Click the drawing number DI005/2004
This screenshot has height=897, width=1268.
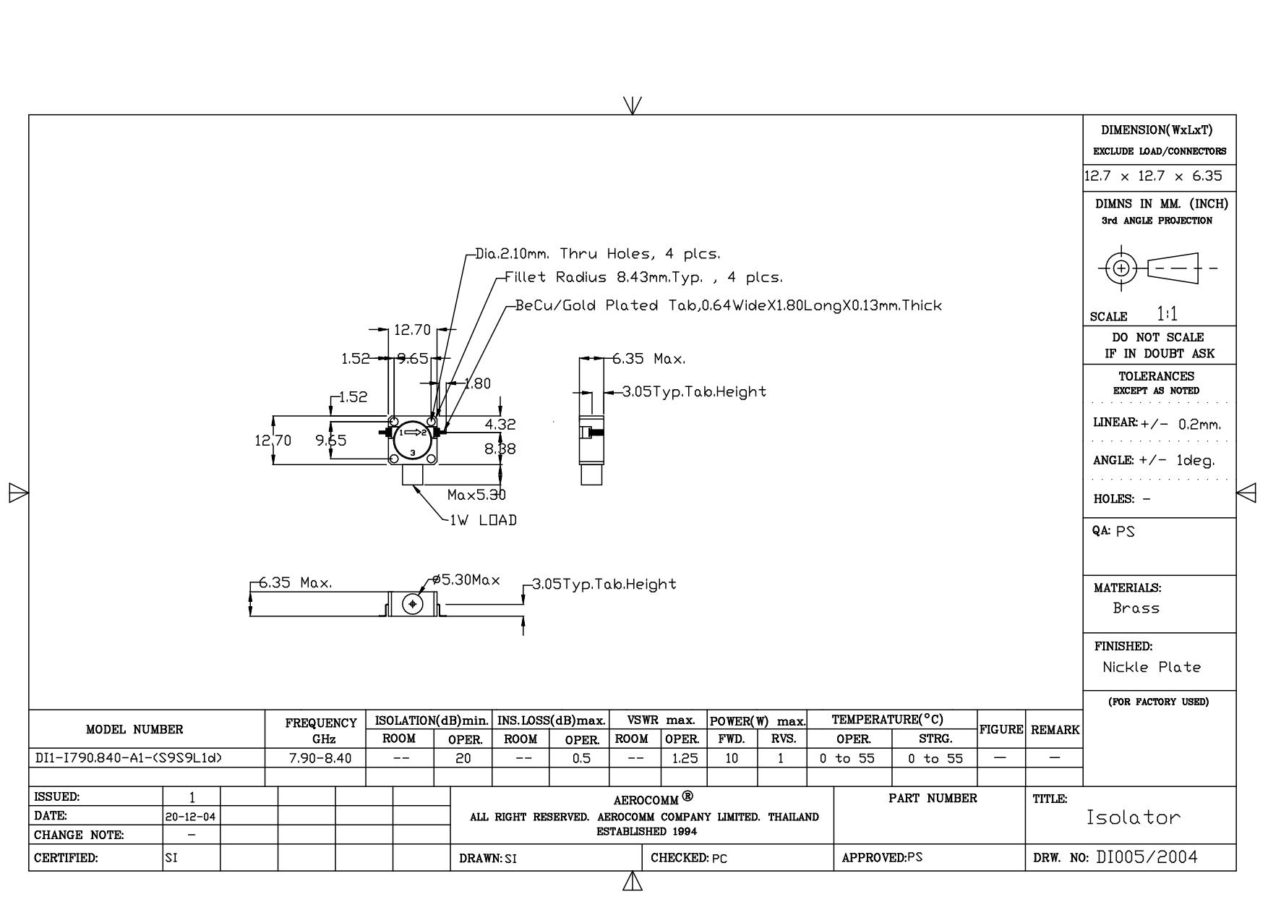[1147, 857]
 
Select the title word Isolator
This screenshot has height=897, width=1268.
[1134, 818]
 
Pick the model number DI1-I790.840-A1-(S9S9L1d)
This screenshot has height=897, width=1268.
[129, 758]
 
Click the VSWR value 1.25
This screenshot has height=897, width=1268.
[685, 758]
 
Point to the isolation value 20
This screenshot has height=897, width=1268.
[463, 758]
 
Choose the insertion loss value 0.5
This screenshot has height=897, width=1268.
[581, 758]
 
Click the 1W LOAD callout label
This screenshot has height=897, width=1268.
[483, 520]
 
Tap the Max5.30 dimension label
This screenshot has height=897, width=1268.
[476, 495]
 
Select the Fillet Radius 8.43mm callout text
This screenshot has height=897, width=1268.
[643, 277]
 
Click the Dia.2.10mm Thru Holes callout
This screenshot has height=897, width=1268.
[598, 254]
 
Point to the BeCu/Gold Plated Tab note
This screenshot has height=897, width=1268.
[728, 305]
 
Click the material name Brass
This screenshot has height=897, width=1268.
[1136, 608]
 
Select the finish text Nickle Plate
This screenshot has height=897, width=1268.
[1151, 667]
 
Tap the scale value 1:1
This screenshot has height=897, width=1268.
[1167, 314]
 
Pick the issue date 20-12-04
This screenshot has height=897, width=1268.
[192, 816]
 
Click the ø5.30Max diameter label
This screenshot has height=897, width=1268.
[466, 580]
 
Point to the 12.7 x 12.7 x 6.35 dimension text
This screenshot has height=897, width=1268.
[1153, 176]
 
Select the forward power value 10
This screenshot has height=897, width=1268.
[732, 758]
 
